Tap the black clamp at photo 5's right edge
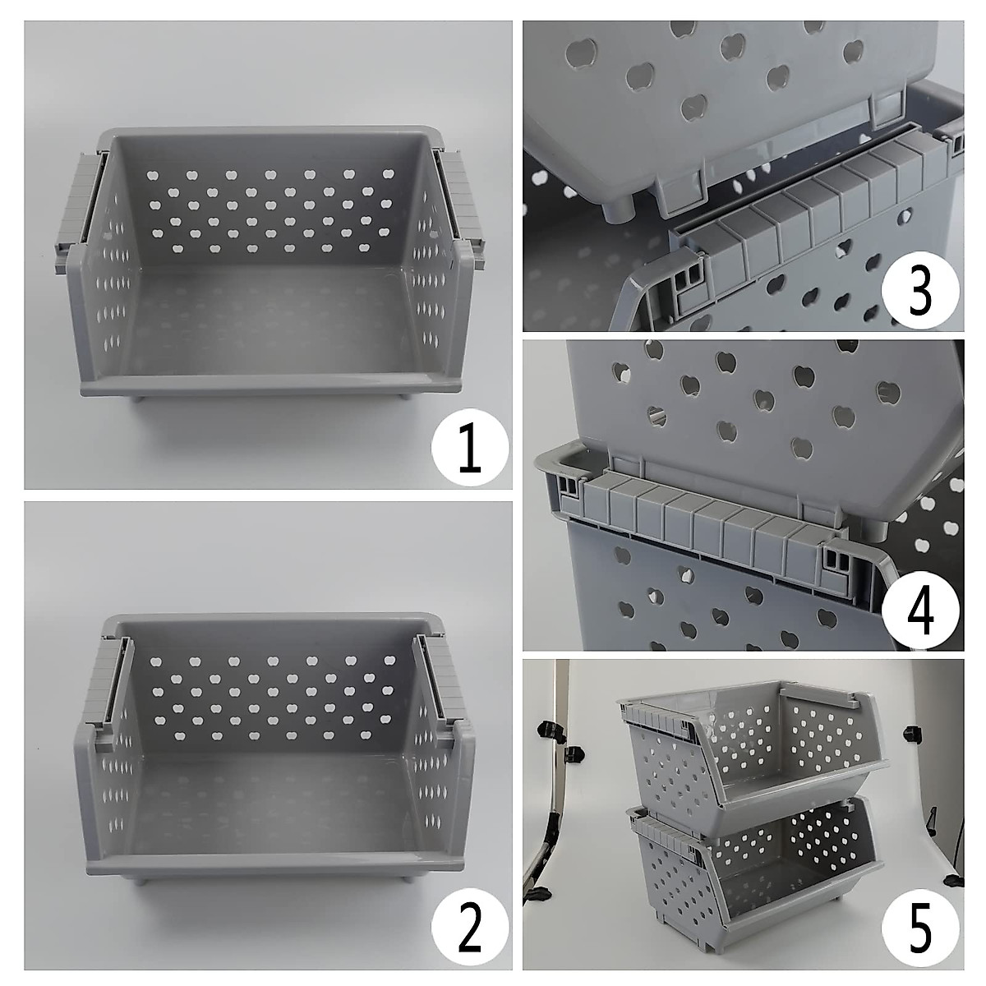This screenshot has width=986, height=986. (910, 731)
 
